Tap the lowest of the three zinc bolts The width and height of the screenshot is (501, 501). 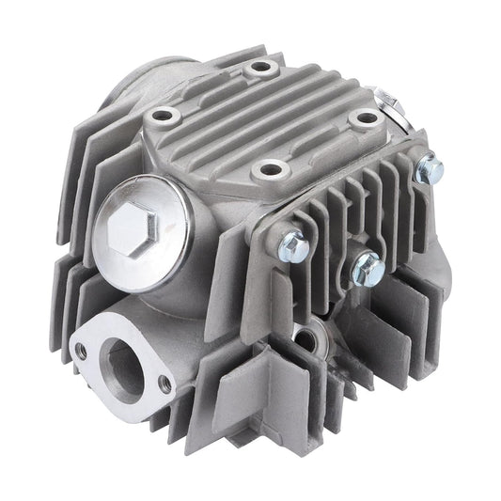click(x=367, y=271)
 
